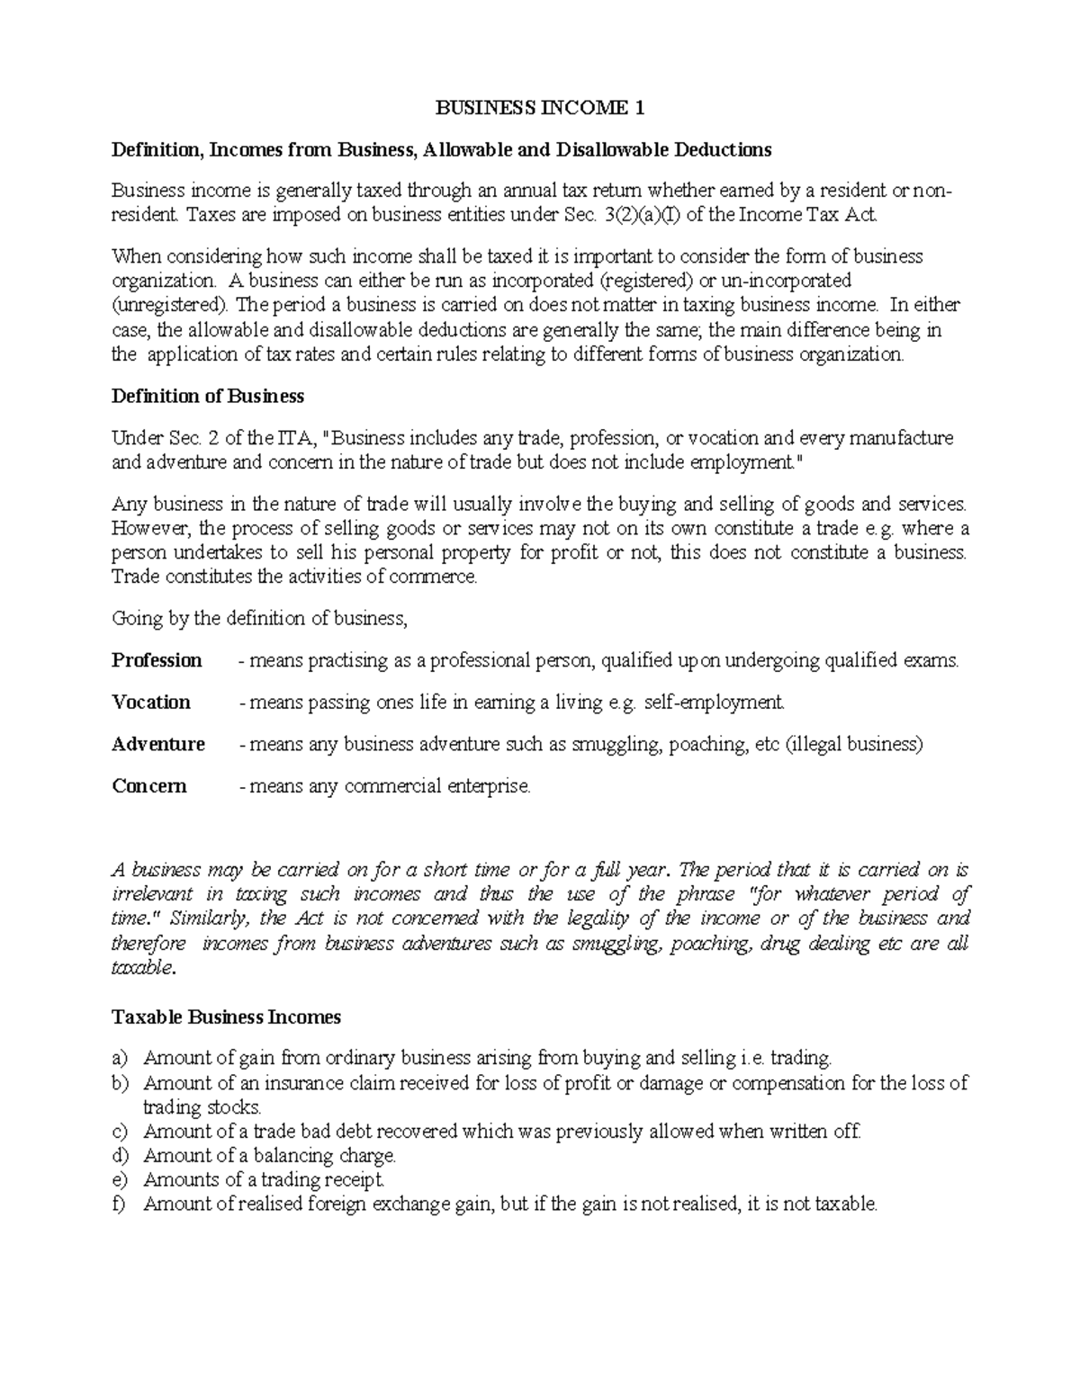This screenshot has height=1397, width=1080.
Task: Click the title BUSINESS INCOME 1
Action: point(540,109)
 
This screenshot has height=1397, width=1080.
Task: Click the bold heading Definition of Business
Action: point(207,397)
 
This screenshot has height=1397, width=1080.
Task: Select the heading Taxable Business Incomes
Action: point(226,1017)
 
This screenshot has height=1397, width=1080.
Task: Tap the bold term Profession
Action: point(157,661)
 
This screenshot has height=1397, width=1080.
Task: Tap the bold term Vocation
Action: point(151,703)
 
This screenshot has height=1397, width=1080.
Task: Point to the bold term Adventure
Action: point(158,745)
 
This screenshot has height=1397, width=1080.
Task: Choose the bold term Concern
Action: point(149,786)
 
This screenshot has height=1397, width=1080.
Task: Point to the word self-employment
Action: point(715,703)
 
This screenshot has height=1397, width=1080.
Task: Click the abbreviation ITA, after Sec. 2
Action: point(294,439)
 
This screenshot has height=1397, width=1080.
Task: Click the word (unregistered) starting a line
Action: point(170,305)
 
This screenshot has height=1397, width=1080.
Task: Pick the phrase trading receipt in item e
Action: point(323,1180)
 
